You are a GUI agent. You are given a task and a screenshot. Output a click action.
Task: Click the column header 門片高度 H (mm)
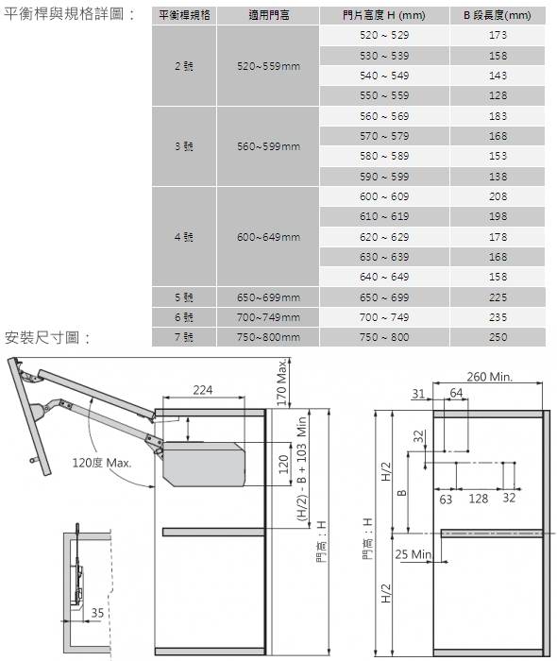pyautogui.click(x=384, y=16)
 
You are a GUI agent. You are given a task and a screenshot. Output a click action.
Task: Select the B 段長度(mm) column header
pyautogui.click(x=498, y=16)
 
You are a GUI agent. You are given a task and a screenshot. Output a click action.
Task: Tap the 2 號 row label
pyautogui.click(x=184, y=66)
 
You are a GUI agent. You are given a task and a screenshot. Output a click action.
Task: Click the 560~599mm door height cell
pyautogui.click(x=268, y=146)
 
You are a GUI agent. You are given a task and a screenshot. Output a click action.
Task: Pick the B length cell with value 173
pyautogui.click(x=498, y=35)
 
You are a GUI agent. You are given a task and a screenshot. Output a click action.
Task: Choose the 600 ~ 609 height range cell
pyautogui.click(x=384, y=196)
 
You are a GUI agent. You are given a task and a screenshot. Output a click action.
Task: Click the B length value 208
pyautogui.click(x=498, y=196)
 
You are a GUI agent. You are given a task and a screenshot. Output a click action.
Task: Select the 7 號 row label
pyautogui.click(x=184, y=337)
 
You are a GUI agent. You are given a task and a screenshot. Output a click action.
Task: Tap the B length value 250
pyautogui.click(x=498, y=337)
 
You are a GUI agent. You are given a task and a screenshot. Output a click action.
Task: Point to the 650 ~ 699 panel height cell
pyautogui.click(x=384, y=297)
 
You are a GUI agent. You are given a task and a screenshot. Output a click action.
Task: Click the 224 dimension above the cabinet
pyautogui.click(x=203, y=390)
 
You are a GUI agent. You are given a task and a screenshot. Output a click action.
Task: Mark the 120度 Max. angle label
pyautogui.click(x=102, y=463)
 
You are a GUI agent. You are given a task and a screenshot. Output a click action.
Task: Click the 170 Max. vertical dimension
pyautogui.click(x=282, y=381)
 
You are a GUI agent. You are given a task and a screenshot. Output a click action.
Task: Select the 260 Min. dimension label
pyautogui.click(x=490, y=377)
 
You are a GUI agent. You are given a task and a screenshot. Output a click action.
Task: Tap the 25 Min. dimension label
pyautogui.click(x=414, y=554)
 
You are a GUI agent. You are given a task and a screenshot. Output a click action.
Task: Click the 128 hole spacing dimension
pyautogui.click(x=479, y=499)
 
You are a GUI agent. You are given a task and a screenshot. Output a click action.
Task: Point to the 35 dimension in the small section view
pyautogui.click(x=97, y=613)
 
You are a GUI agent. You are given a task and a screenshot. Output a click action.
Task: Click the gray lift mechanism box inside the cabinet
pyautogui.click(x=204, y=463)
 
